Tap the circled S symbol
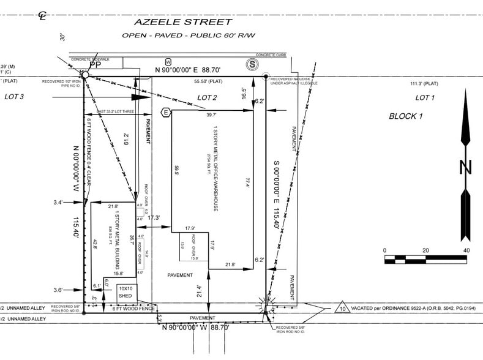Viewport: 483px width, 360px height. tap(251, 64)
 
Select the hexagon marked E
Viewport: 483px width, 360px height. tap(165, 111)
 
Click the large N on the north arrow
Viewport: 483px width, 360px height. tap(465, 166)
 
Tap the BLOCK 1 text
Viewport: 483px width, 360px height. tap(406, 116)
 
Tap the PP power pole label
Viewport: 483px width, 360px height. tap(95, 64)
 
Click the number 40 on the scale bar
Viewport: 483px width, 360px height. tap(466, 250)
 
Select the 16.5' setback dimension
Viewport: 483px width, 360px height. tap(244, 93)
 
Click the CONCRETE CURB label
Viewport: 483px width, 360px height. tap(271, 54)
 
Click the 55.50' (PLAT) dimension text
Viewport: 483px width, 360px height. tap(208, 81)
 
